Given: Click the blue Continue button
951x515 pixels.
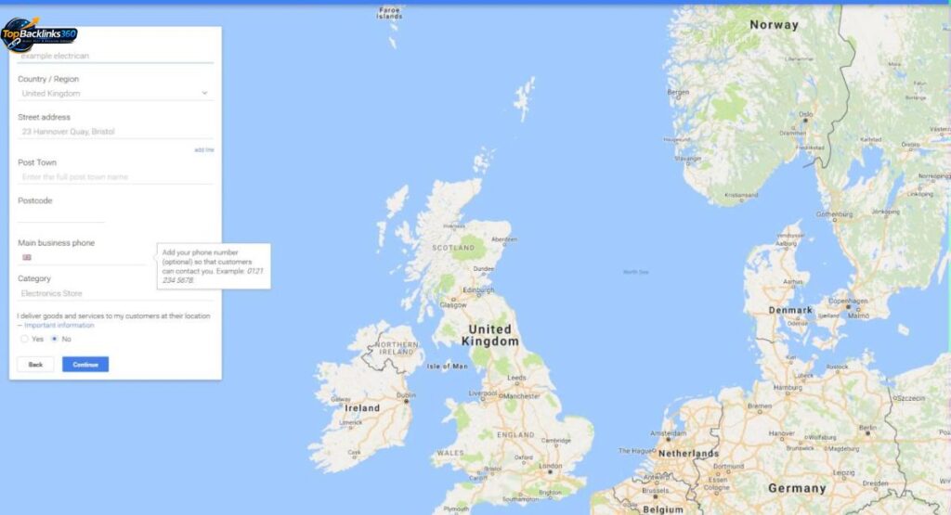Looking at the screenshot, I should (x=85, y=365).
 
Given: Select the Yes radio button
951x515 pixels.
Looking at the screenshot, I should (x=25, y=340).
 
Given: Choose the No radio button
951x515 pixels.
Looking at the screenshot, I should (x=55, y=340).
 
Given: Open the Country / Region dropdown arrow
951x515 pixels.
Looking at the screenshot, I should (x=204, y=93).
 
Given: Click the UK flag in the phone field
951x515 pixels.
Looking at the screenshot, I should (x=27, y=257).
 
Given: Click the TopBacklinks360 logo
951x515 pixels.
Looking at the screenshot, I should (x=39, y=34).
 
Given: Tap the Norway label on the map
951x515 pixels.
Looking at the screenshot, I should (x=774, y=25).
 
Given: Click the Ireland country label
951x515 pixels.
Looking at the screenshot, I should (x=362, y=407).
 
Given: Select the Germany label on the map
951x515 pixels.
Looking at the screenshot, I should (x=797, y=488).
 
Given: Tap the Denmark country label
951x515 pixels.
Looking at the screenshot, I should (x=789, y=310).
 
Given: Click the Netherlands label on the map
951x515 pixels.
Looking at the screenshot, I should (x=688, y=453).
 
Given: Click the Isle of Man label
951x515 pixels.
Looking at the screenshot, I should (x=447, y=367).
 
